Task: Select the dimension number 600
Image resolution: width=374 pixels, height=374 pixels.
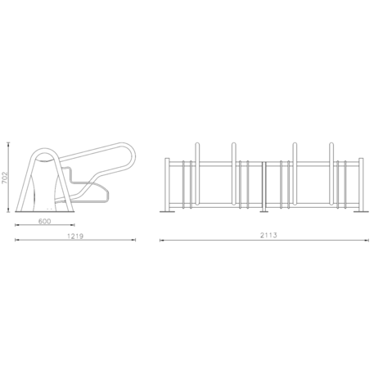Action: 44,221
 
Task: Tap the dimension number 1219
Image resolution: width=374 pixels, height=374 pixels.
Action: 75,236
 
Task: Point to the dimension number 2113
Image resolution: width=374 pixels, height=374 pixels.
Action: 268,235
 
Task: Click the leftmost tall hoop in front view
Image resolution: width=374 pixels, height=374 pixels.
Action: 197,173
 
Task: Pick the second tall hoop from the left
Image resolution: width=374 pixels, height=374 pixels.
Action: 234,173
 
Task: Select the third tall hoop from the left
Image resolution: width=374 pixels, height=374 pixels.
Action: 295,173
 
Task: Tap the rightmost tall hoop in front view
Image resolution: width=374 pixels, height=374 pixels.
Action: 331,173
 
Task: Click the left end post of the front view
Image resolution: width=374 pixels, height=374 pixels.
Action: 167,184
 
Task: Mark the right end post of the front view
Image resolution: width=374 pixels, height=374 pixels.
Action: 361,184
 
